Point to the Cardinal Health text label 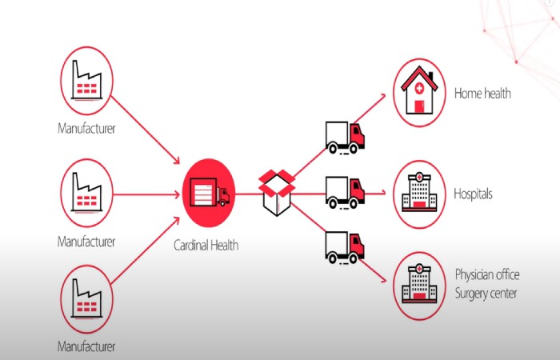point(206,246)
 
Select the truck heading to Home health point(345,136)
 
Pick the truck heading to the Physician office point(345,247)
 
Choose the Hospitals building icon point(420,194)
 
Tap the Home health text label point(482,94)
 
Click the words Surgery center point(486,293)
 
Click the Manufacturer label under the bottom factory point(86,346)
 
